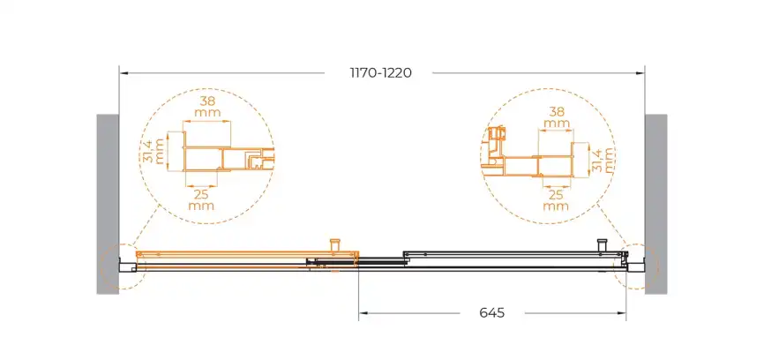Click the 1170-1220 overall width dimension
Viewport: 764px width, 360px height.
coord(381,73)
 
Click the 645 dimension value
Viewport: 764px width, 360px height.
coord(492,312)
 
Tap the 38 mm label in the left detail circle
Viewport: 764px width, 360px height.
coord(207,107)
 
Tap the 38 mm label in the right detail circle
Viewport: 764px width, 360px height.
coord(557,117)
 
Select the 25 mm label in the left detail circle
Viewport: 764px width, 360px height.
coord(201,199)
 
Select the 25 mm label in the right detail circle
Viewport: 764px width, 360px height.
coord(556,200)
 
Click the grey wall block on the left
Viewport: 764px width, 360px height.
coord(108,204)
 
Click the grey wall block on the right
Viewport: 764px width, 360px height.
coord(655,204)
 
